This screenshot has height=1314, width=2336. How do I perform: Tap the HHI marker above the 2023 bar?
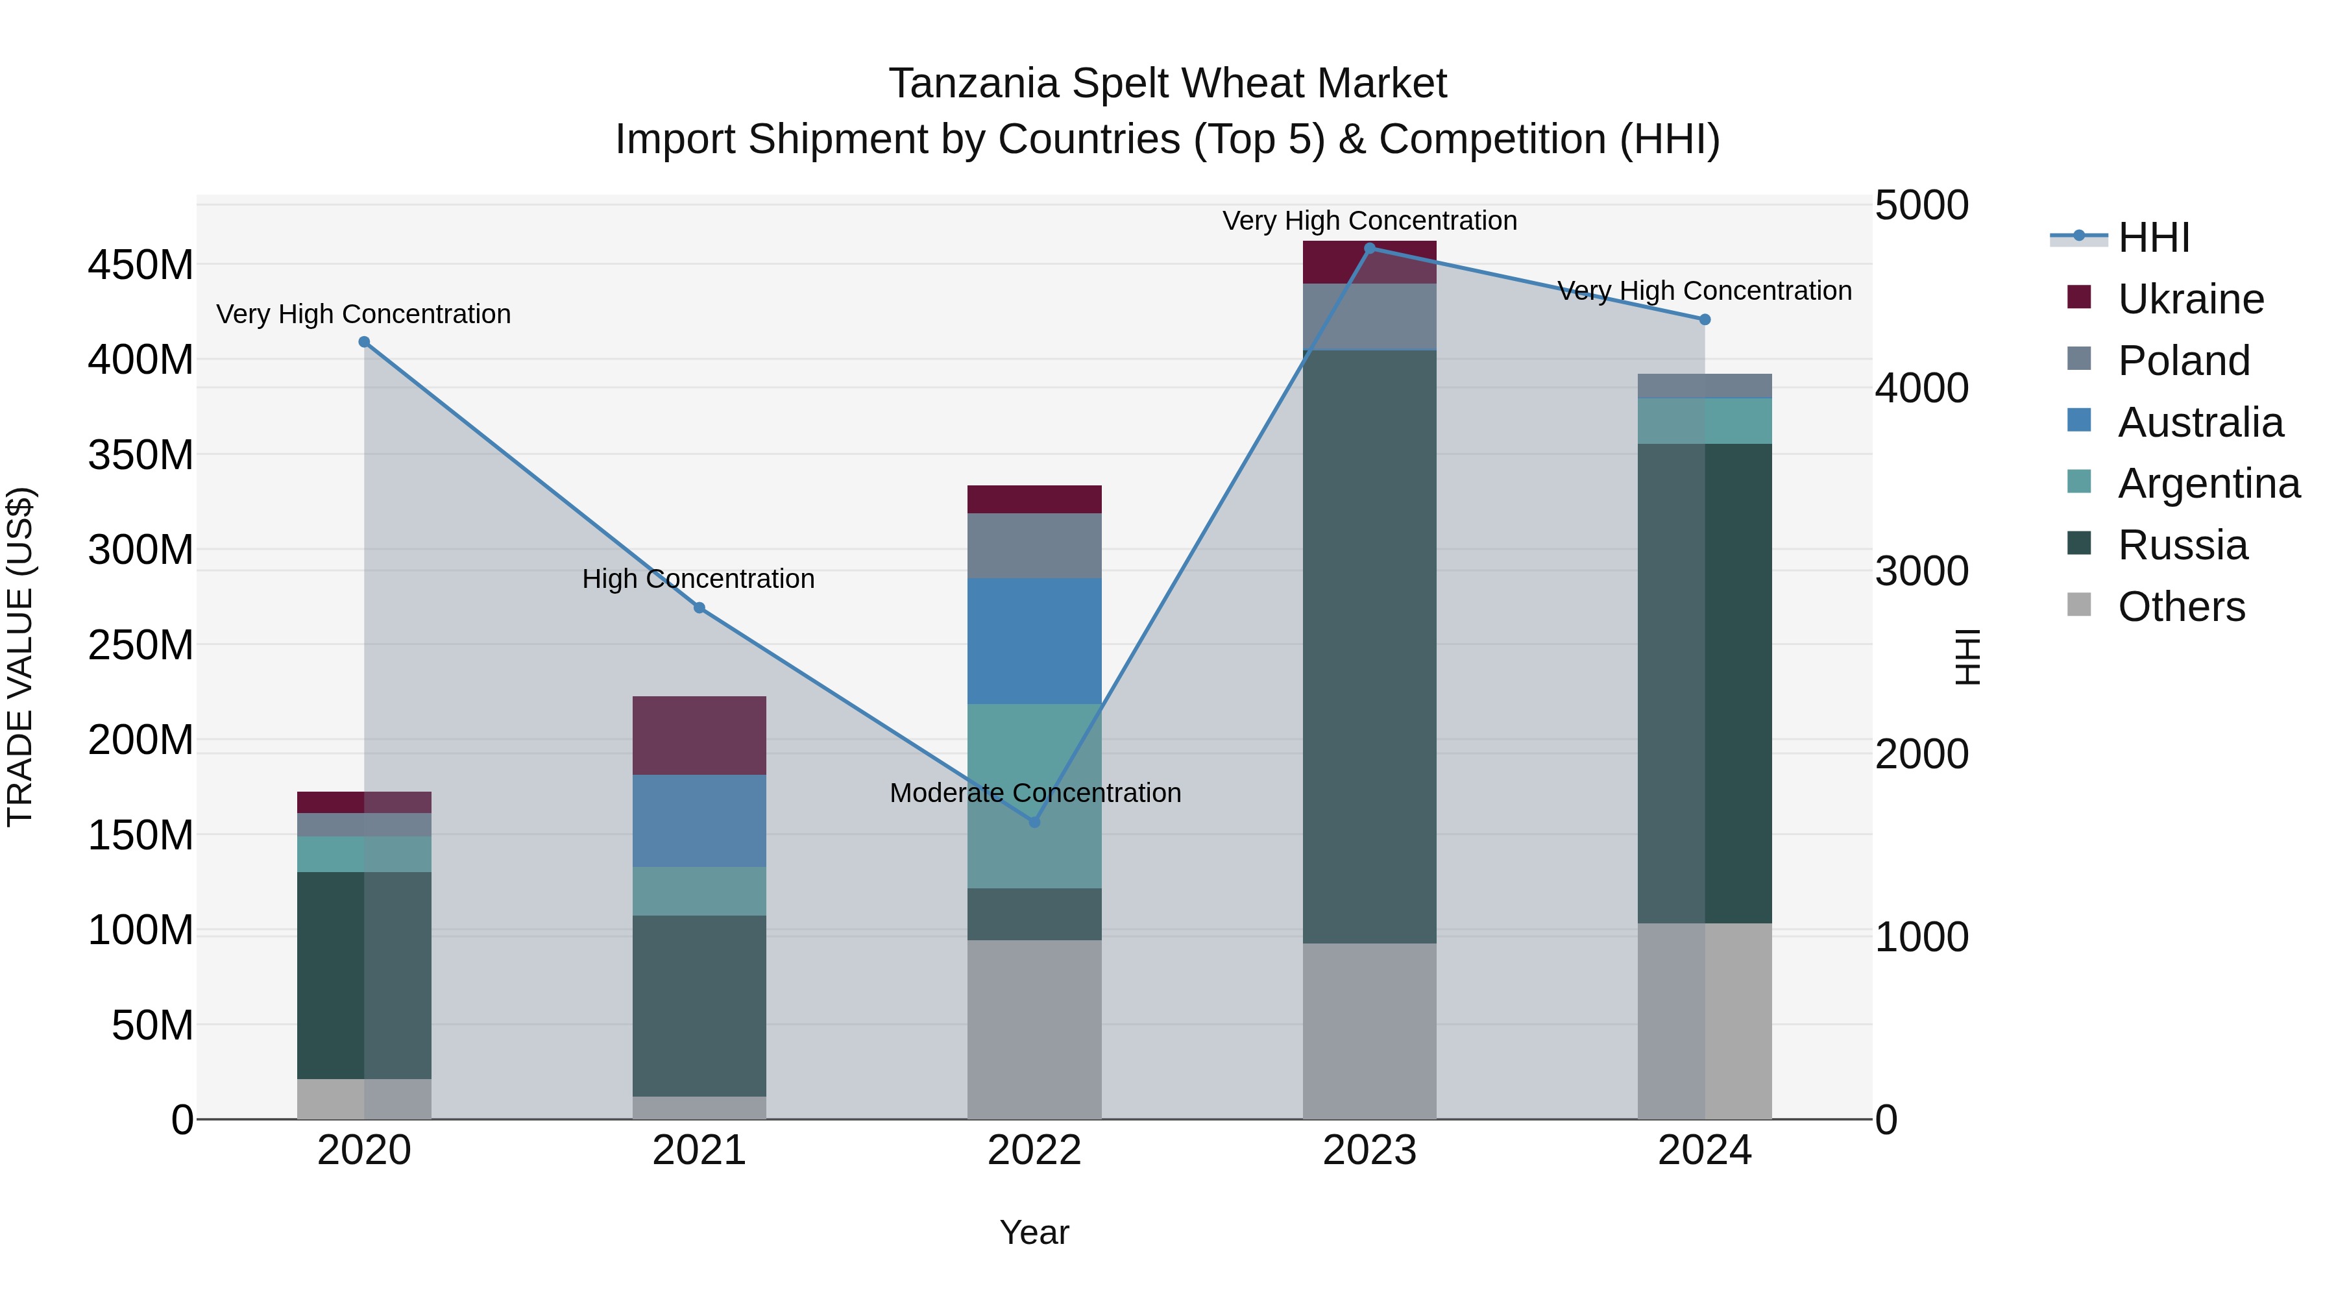point(1369,248)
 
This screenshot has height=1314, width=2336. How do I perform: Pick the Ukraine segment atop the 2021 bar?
point(698,735)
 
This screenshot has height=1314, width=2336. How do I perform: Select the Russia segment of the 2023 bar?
point(1369,646)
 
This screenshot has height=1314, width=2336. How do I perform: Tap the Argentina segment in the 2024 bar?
point(1704,420)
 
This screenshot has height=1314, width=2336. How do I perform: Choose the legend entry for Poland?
point(2183,361)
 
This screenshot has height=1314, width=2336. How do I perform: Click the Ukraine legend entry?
point(2190,299)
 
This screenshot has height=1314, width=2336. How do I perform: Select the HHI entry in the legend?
point(2153,237)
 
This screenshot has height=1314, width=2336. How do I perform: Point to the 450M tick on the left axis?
point(141,265)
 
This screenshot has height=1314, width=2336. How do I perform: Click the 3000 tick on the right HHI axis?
point(1921,571)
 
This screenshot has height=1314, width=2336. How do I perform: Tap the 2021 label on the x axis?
point(698,1150)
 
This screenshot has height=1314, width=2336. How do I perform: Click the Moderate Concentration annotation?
point(1035,792)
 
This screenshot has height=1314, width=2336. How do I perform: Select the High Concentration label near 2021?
point(698,579)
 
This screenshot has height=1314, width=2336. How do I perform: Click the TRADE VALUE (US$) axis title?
point(20,657)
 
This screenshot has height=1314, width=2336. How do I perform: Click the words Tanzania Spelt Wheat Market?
point(1167,84)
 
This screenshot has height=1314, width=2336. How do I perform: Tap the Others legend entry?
point(2181,607)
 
